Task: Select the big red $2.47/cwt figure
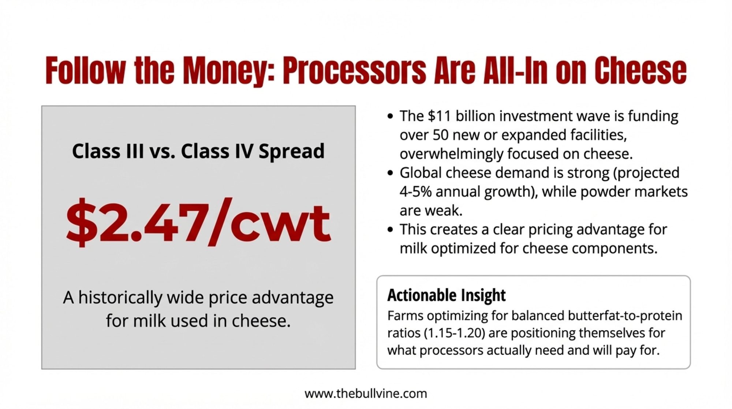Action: (x=198, y=222)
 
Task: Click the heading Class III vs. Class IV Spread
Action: (x=198, y=151)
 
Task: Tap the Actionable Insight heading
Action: (x=446, y=295)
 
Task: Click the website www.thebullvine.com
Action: (x=366, y=394)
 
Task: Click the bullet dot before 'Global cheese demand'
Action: (x=390, y=173)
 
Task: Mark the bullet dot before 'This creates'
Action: (x=390, y=230)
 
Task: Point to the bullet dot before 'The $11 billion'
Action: (x=390, y=117)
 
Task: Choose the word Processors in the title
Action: (x=354, y=70)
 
